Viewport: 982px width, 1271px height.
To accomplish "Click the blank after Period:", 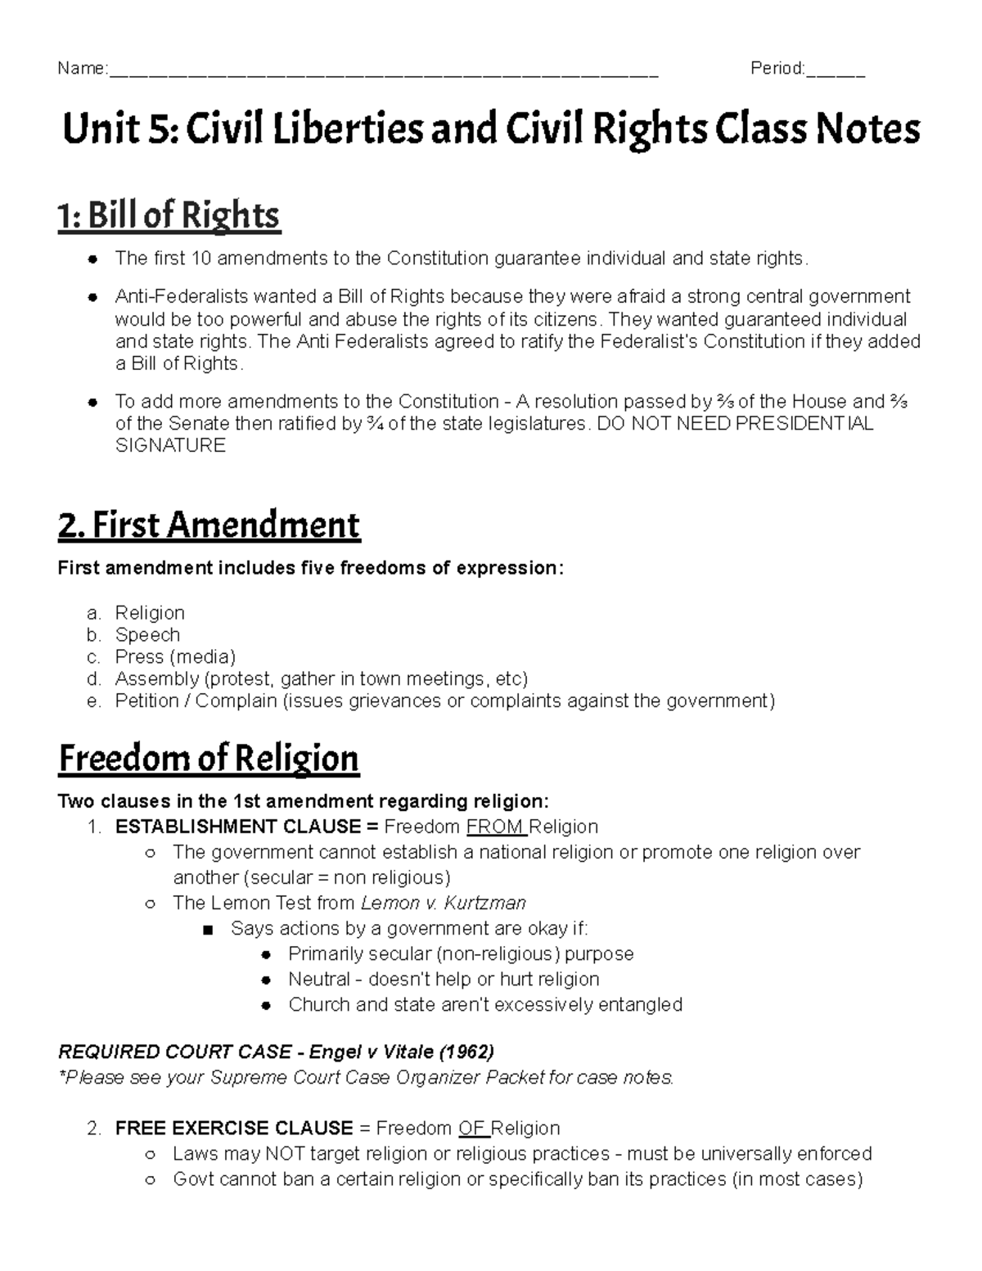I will click(x=836, y=70).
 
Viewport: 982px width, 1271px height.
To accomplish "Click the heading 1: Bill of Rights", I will click(x=169, y=216).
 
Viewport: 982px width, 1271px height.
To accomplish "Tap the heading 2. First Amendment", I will click(x=209, y=525).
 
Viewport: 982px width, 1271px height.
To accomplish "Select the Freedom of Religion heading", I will click(x=209, y=759).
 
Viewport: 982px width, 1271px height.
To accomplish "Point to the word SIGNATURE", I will click(x=170, y=446).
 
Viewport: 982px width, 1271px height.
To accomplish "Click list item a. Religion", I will click(x=150, y=613).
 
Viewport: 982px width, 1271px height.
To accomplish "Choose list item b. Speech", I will click(x=147, y=635).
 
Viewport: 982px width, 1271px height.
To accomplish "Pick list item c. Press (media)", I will click(x=175, y=657).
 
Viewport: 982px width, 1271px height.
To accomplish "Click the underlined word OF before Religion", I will click(x=472, y=1129).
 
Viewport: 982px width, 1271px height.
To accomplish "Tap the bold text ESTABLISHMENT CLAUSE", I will click(x=238, y=827).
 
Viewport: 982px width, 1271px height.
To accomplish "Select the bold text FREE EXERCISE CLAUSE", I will click(x=234, y=1129).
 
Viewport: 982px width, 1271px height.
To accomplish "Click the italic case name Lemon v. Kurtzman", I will click(x=443, y=904).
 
